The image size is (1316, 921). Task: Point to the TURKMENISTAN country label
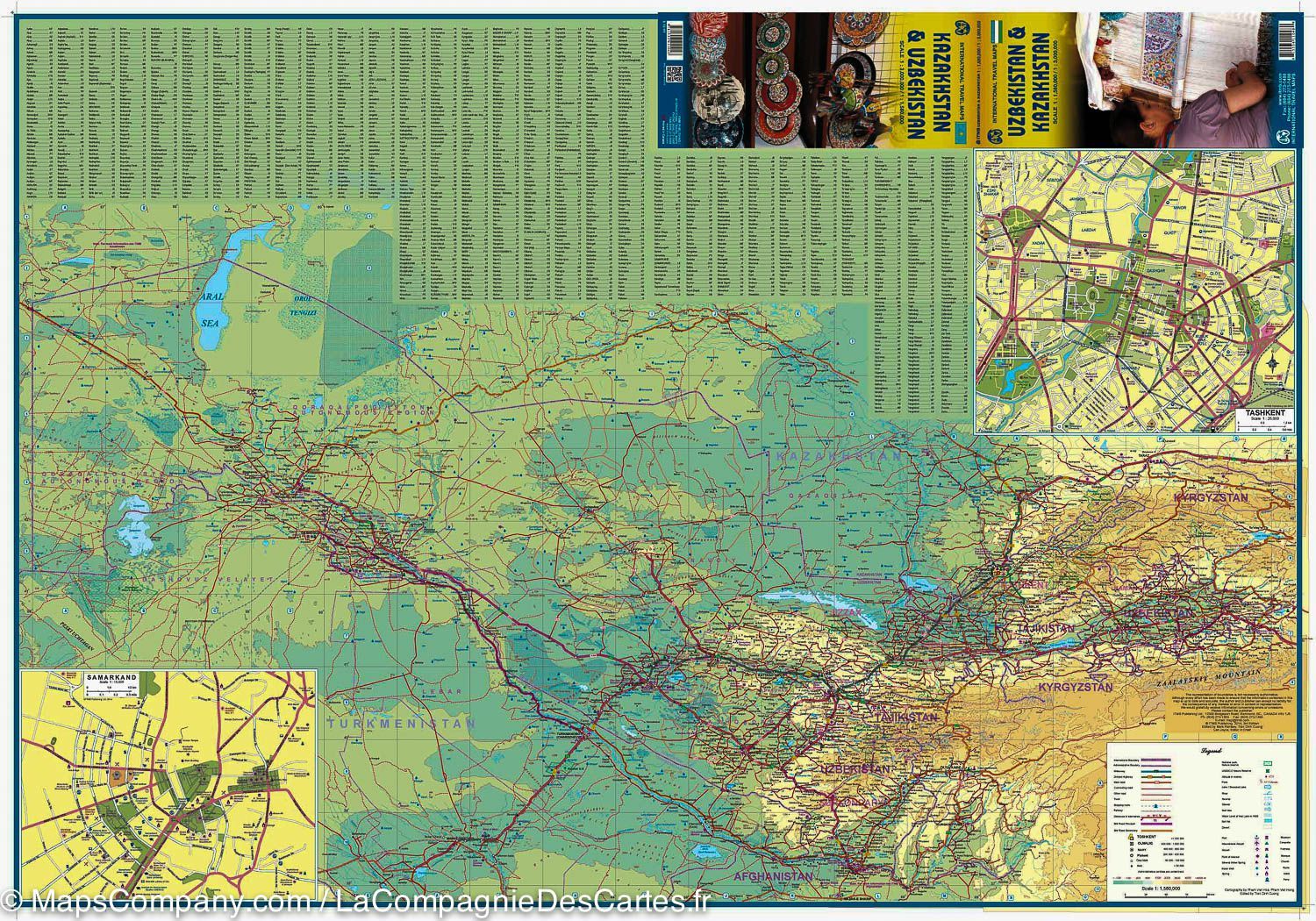(x=399, y=725)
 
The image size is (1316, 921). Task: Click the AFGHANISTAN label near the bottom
(x=775, y=875)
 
